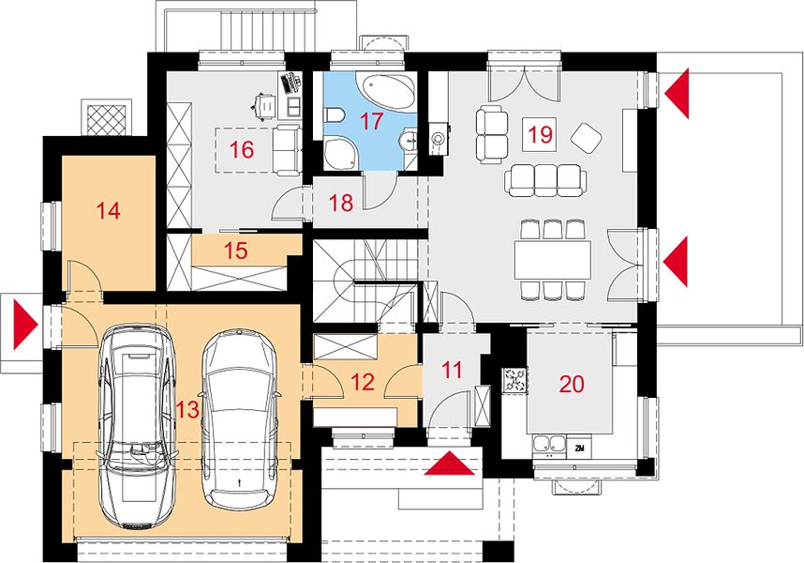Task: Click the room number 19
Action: (x=540, y=135)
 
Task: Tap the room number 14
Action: (x=108, y=210)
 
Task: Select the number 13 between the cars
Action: (x=187, y=409)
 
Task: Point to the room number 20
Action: (x=572, y=384)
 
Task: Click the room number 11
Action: (x=452, y=370)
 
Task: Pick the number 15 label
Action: (x=236, y=251)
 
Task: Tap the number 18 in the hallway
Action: (x=341, y=203)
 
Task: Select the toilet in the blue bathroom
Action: (x=334, y=115)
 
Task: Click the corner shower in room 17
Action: (x=340, y=152)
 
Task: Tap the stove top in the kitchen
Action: (x=514, y=380)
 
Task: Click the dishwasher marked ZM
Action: (x=579, y=449)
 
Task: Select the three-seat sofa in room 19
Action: (x=545, y=180)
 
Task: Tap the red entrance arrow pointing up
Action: (x=450, y=464)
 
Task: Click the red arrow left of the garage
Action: (x=25, y=325)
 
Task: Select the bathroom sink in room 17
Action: (x=410, y=140)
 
